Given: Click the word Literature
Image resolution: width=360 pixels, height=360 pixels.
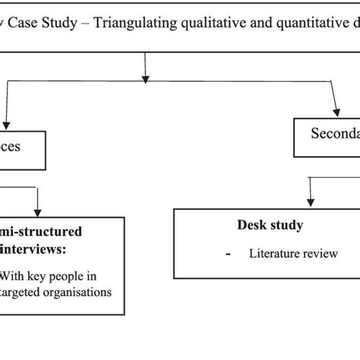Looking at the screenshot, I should point(275,253).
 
